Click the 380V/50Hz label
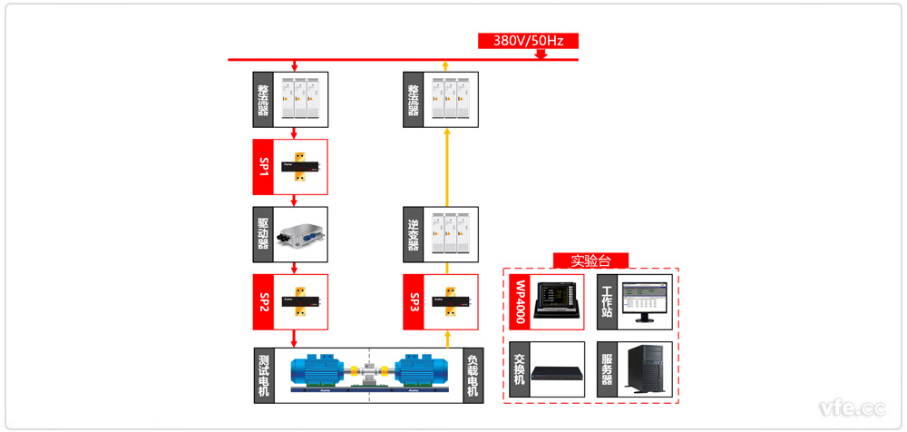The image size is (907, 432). click(x=527, y=40)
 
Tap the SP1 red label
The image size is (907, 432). click(x=264, y=166)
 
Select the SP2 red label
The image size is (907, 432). click(x=264, y=301)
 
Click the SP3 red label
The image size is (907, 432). click(x=414, y=301)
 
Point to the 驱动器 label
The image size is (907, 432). click(x=264, y=234)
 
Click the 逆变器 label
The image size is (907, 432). click(x=414, y=234)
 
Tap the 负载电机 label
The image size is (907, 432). click(x=473, y=374)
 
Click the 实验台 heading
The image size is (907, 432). click(x=590, y=260)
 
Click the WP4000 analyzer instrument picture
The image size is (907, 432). click(x=556, y=300)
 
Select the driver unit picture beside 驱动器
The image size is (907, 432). click(x=301, y=234)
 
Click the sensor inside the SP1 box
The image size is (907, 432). click(x=301, y=166)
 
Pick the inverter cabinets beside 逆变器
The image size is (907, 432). click(x=452, y=234)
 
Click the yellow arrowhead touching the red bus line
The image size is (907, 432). click(x=445, y=65)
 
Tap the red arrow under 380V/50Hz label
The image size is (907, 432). click(x=541, y=54)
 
